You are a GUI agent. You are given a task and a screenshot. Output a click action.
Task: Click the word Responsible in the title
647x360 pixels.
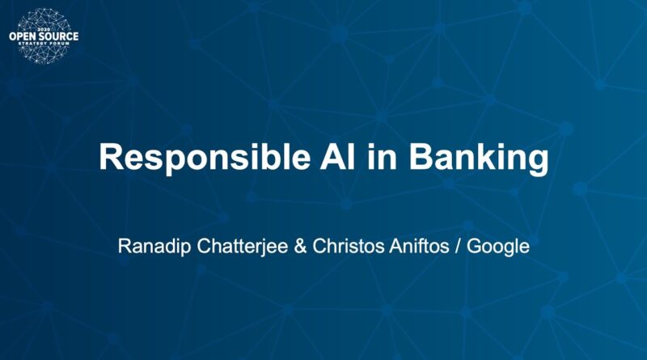click(205, 158)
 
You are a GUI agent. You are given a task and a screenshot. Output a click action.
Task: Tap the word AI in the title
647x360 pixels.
click(337, 157)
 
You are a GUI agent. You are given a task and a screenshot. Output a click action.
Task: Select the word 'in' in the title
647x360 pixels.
click(382, 156)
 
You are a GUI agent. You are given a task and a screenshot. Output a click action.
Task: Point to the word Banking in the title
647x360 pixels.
click(479, 159)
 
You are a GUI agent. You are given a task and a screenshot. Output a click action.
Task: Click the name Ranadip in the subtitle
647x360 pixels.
click(154, 247)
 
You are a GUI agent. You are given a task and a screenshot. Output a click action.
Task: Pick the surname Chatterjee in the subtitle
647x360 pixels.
click(242, 247)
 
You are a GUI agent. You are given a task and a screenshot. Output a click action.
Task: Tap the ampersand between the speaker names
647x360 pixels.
click(300, 247)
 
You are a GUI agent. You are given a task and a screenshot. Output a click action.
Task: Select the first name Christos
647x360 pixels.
click(349, 247)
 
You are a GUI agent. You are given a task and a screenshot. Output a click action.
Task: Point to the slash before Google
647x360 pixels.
click(458, 247)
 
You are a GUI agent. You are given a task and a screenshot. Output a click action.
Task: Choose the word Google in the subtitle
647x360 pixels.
click(498, 248)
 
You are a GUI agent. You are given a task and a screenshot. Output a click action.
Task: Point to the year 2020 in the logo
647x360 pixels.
click(44, 30)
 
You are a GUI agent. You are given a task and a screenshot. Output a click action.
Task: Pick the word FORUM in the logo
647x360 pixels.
click(59, 44)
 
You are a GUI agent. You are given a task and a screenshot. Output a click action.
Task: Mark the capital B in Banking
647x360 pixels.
click(421, 157)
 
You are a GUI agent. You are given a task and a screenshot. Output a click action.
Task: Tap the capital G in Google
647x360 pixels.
click(474, 247)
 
